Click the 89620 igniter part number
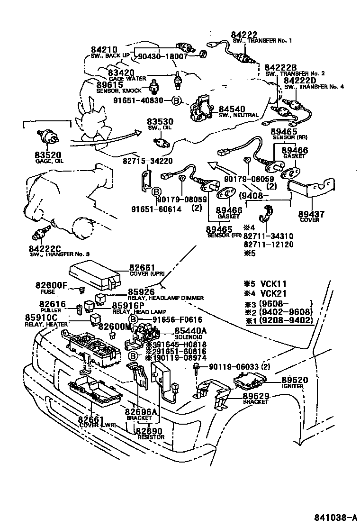coord(294,380)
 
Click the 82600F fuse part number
coord(52,285)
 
